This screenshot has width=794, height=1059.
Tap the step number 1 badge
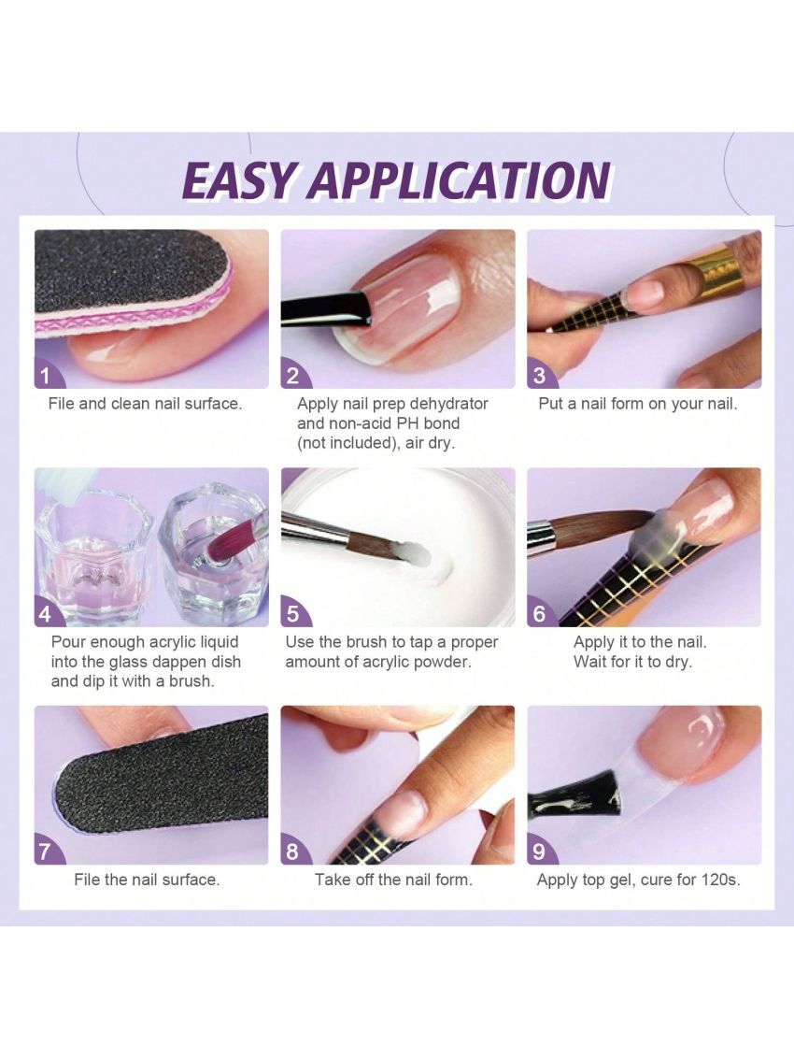click(46, 377)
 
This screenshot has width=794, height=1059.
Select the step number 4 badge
click(46, 614)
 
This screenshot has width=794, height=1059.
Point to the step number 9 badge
click(539, 851)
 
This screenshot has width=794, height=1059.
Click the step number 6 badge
click(539, 614)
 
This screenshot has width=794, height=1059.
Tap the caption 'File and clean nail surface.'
click(145, 404)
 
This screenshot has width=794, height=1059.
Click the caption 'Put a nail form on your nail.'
click(638, 404)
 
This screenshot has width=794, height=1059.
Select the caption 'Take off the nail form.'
click(393, 880)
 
